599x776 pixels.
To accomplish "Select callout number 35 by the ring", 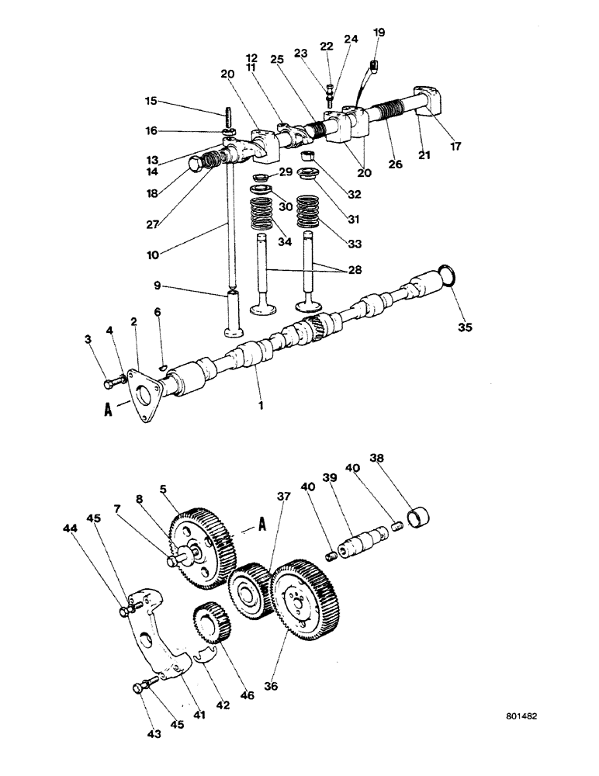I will pyautogui.click(x=465, y=327).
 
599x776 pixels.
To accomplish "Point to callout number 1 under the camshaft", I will pyautogui.click(x=261, y=404).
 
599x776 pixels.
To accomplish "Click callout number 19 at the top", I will pyautogui.click(x=378, y=32).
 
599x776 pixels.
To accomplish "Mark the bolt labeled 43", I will pyautogui.click(x=144, y=684).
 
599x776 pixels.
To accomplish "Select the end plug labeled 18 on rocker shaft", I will pyautogui.click(x=197, y=164).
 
